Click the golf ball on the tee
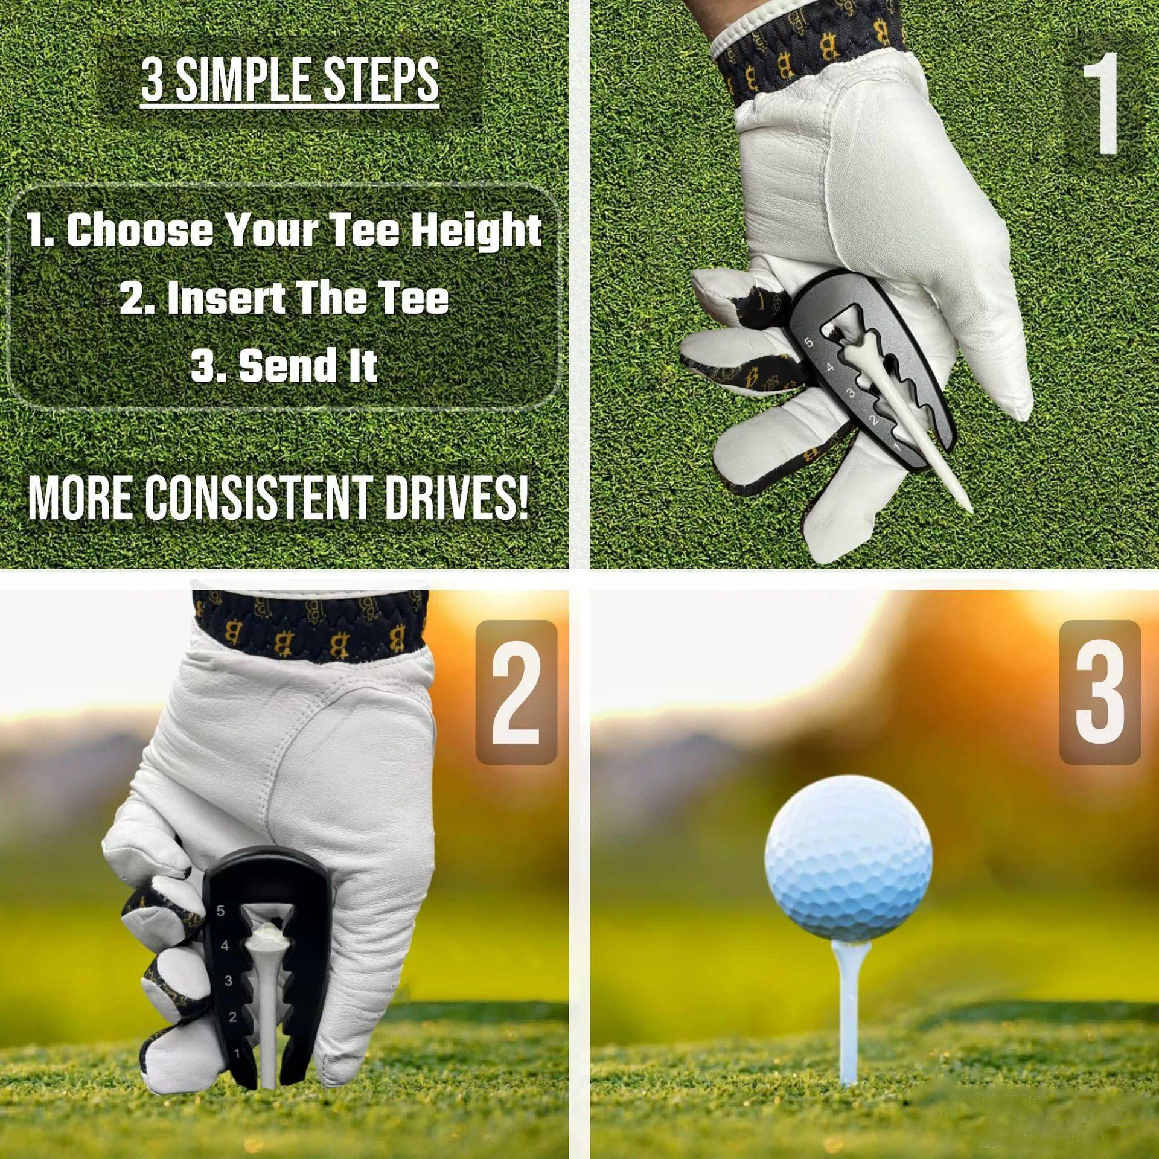coord(848,860)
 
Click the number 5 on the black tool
coord(221,911)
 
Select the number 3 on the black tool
coord(228,981)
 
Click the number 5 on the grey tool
coord(809,343)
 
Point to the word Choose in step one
coord(139,231)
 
